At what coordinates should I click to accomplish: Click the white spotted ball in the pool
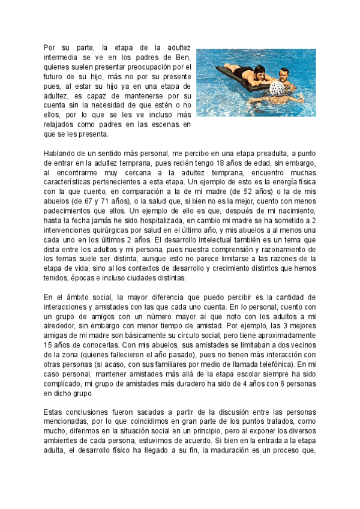280,88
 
